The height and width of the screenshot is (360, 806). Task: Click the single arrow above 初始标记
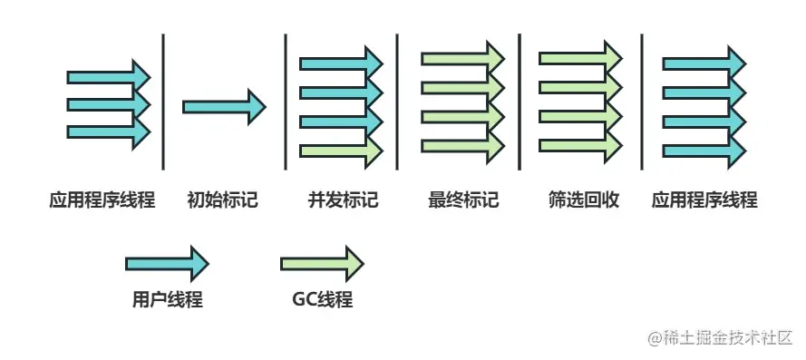(x=223, y=106)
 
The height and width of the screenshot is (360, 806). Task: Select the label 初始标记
(x=223, y=199)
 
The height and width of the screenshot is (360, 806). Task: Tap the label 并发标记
(x=343, y=199)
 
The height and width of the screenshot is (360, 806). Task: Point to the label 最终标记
(x=463, y=199)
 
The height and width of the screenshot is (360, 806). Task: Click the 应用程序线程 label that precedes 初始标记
(x=102, y=199)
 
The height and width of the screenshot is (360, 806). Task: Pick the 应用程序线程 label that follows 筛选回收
(x=704, y=199)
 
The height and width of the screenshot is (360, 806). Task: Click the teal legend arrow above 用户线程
(x=167, y=263)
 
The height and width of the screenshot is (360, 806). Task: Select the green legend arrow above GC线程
(x=322, y=263)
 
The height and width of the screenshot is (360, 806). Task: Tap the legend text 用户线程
(x=167, y=300)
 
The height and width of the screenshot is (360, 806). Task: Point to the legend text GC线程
(x=322, y=300)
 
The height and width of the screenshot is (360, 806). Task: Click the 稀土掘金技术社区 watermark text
(x=720, y=336)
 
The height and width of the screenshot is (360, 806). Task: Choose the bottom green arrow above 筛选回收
(x=581, y=143)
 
